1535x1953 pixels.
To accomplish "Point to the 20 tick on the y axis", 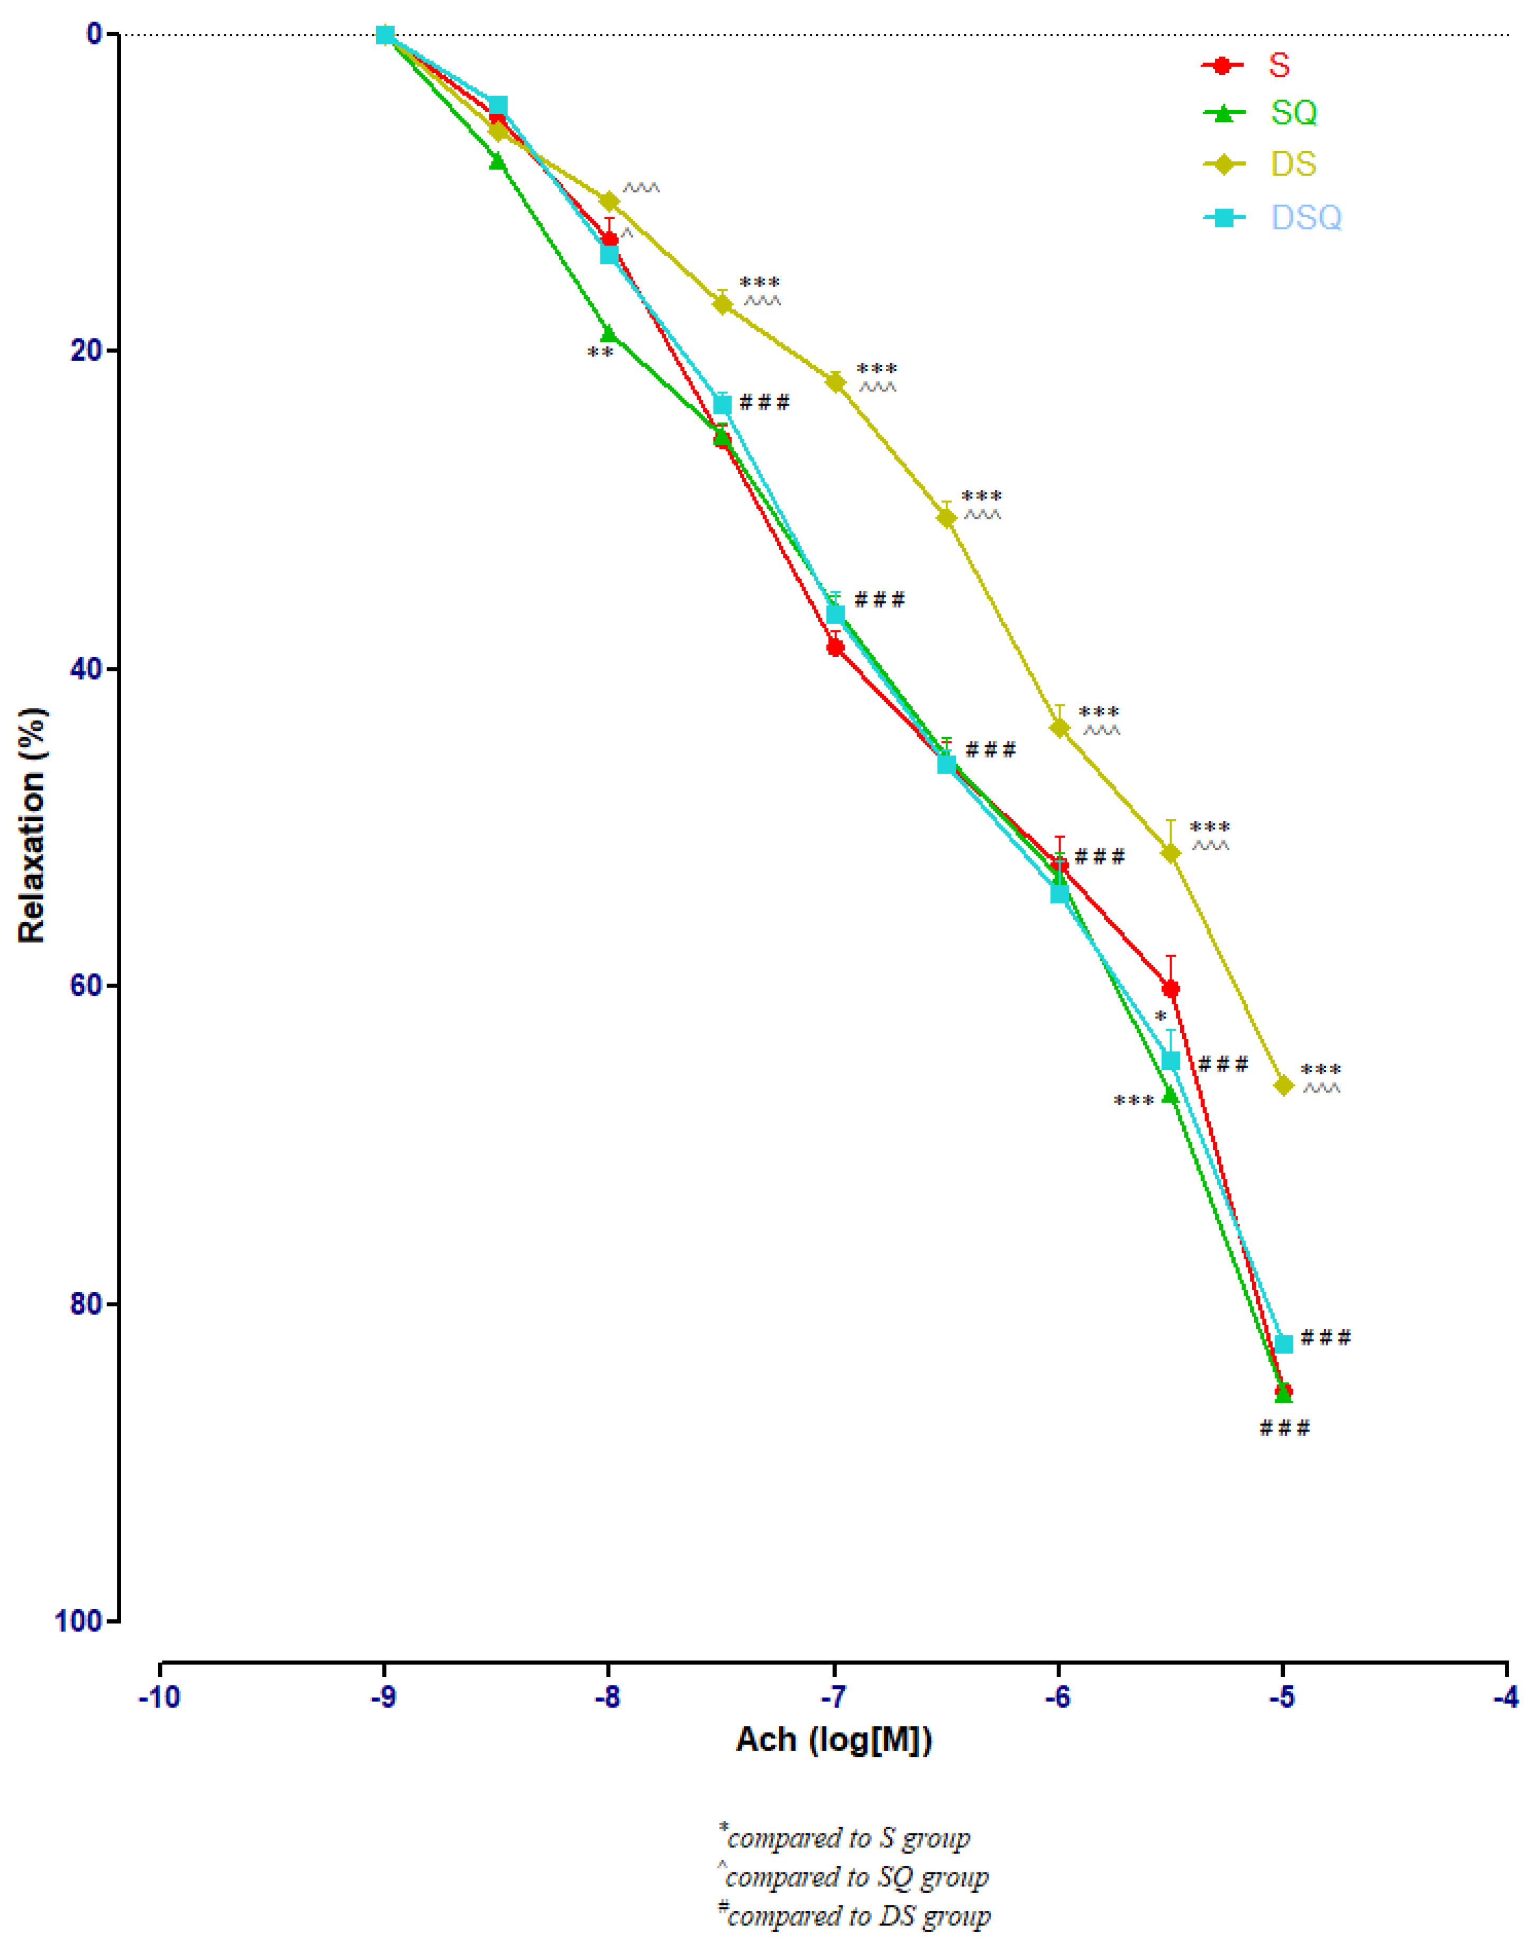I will [x=86, y=350].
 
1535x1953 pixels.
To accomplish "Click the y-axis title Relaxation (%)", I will [x=31, y=827].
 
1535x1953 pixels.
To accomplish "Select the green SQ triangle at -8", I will [x=608, y=334].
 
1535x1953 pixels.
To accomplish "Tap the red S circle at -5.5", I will [x=1170, y=989].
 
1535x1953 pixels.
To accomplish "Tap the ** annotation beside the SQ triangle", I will [x=600, y=353].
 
